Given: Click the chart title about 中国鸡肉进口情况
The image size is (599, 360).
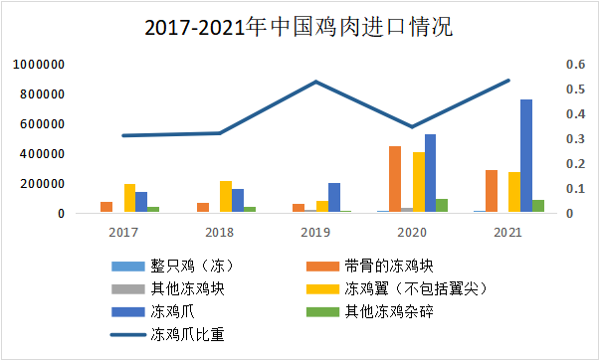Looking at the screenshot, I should point(298,27).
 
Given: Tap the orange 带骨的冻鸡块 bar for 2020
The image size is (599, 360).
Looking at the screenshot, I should point(395,179).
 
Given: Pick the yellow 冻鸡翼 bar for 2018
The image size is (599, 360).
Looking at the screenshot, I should point(226,197).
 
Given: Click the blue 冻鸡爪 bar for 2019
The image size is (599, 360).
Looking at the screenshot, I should point(334,197).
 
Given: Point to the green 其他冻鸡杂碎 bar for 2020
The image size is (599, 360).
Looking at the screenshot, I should point(442,205).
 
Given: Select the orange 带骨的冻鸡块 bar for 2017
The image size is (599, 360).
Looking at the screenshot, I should point(106,207).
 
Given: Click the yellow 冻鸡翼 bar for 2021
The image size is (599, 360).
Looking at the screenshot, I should point(514,192).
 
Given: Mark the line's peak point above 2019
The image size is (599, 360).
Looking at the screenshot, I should point(316,82).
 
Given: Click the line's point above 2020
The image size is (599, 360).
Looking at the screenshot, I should point(413,127).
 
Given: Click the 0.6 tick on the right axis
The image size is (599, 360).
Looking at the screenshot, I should point(548,65).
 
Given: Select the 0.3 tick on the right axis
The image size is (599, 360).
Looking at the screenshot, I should point(548,139).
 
